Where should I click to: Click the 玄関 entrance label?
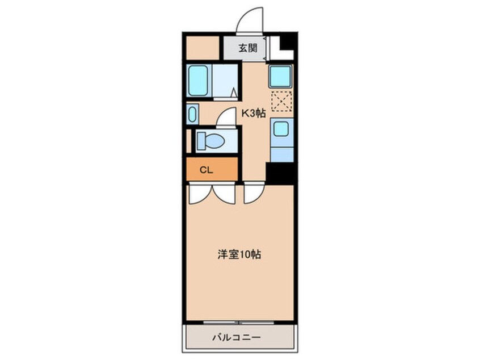coord(247,48)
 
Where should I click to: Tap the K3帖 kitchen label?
coord(253,113)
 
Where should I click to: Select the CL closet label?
coord(207,169)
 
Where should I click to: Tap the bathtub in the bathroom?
coord(198,80)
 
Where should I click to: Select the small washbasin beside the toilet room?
coord(191,114)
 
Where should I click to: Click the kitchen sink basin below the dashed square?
coord(280,128)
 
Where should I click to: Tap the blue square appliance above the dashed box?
coord(280,76)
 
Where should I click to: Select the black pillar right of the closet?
coord(279,171)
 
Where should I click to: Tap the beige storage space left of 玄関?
coord(202,47)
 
